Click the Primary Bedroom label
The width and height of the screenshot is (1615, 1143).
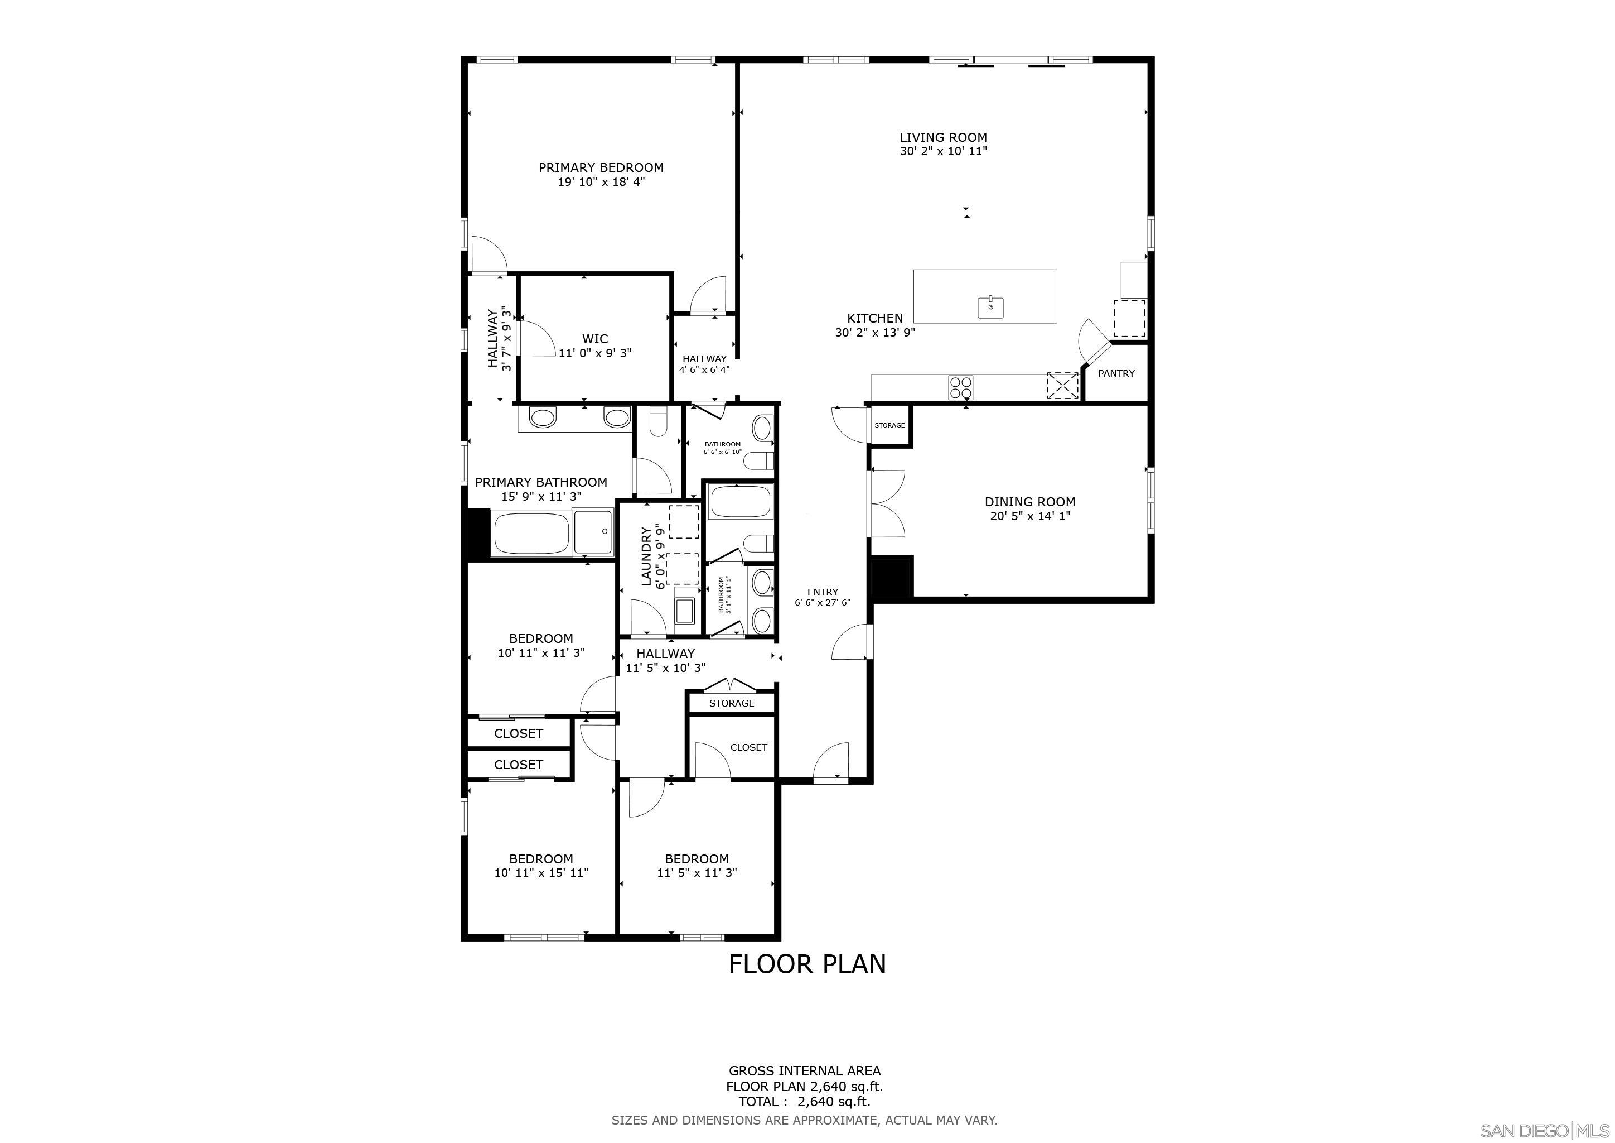point(601,167)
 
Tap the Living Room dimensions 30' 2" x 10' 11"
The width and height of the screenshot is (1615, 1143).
point(943,151)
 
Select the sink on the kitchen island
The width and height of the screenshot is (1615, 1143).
point(990,308)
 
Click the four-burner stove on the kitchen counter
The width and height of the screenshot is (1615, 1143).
point(961,387)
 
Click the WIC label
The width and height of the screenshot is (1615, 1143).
point(594,339)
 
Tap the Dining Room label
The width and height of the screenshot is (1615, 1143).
point(1030,502)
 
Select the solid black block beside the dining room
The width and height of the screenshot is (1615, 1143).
point(892,577)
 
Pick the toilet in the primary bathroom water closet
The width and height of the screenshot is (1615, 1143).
point(659,422)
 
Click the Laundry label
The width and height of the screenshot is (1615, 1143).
point(646,556)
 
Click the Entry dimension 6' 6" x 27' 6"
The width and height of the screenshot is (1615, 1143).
point(822,602)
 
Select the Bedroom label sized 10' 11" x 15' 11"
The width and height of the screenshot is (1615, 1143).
point(541,859)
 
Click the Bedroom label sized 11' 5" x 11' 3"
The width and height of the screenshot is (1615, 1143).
point(697,859)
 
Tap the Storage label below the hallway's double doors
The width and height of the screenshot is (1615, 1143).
point(732,703)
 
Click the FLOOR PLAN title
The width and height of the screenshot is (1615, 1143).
point(807,963)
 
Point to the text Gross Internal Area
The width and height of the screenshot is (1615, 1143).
point(804,1071)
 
